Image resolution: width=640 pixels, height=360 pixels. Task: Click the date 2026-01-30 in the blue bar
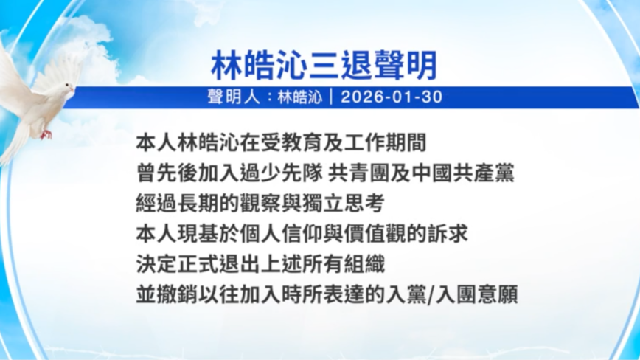[x=392, y=97]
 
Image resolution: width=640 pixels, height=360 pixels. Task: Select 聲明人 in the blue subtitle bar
[x=233, y=97]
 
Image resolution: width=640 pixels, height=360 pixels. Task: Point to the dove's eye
[x=66, y=85]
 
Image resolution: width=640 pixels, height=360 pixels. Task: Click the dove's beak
[x=72, y=88]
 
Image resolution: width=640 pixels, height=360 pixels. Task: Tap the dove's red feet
[x=46, y=134]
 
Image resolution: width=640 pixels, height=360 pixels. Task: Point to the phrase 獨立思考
[x=344, y=204]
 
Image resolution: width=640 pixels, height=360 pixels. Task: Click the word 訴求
[x=447, y=233]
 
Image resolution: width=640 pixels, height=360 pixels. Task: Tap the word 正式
[x=198, y=263]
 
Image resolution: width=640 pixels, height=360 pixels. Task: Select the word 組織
[x=364, y=263]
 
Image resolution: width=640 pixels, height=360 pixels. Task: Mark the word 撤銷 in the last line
[x=178, y=294]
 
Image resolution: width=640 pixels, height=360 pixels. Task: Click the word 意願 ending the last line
[x=498, y=294]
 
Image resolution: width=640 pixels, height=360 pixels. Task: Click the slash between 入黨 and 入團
[x=431, y=294]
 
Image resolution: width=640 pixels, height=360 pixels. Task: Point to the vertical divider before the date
[x=331, y=97]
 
